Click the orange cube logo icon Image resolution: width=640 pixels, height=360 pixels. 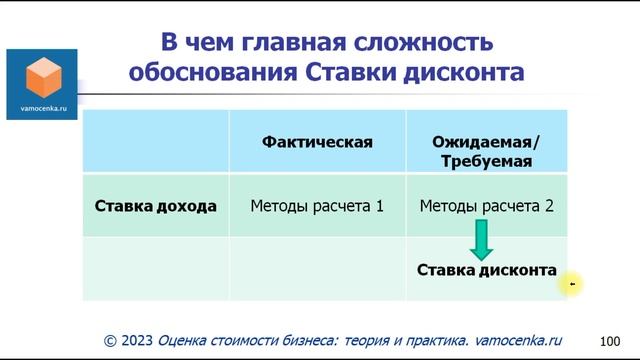(x=41, y=75)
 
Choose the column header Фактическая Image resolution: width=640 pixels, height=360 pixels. (x=317, y=142)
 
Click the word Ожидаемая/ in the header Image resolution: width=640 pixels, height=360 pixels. (x=486, y=142)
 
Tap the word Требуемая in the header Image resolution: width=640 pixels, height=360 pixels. (x=487, y=160)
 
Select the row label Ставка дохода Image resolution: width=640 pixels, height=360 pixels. (x=155, y=207)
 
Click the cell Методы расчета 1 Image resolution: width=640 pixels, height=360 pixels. (x=317, y=207)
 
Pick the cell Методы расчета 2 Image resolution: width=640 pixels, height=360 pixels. (x=487, y=207)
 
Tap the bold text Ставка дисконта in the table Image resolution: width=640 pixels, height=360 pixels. (x=486, y=270)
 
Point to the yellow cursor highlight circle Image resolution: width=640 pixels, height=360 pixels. (x=573, y=284)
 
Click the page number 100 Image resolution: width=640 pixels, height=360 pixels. (x=609, y=341)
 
